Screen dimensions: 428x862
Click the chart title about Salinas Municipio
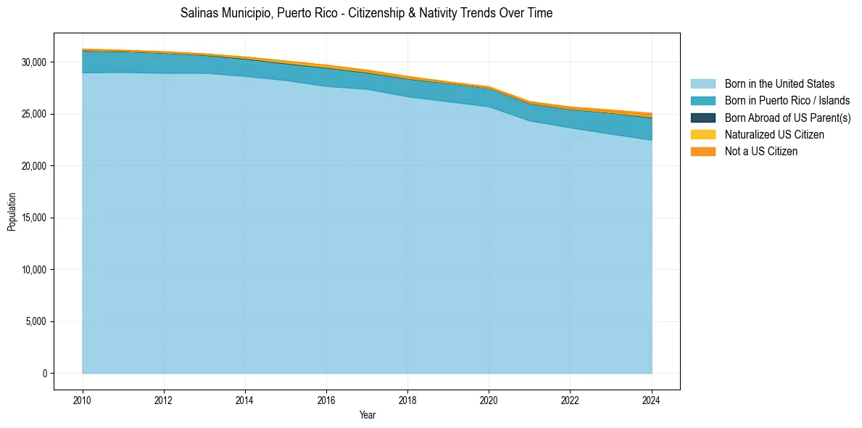point(366,13)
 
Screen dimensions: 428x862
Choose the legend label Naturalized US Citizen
point(774,134)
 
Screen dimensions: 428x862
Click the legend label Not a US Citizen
point(761,151)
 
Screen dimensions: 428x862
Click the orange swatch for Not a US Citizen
point(703,151)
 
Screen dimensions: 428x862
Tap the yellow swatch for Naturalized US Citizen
point(703,134)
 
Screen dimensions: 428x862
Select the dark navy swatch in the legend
point(703,118)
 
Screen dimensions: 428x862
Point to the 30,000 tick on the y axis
point(33,62)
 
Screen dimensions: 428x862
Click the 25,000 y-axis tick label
point(33,115)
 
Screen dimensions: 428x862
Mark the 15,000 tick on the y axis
point(33,218)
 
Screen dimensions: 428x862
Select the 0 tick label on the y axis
point(43,374)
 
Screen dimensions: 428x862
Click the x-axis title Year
point(368,415)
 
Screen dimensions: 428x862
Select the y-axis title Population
point(12,212)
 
